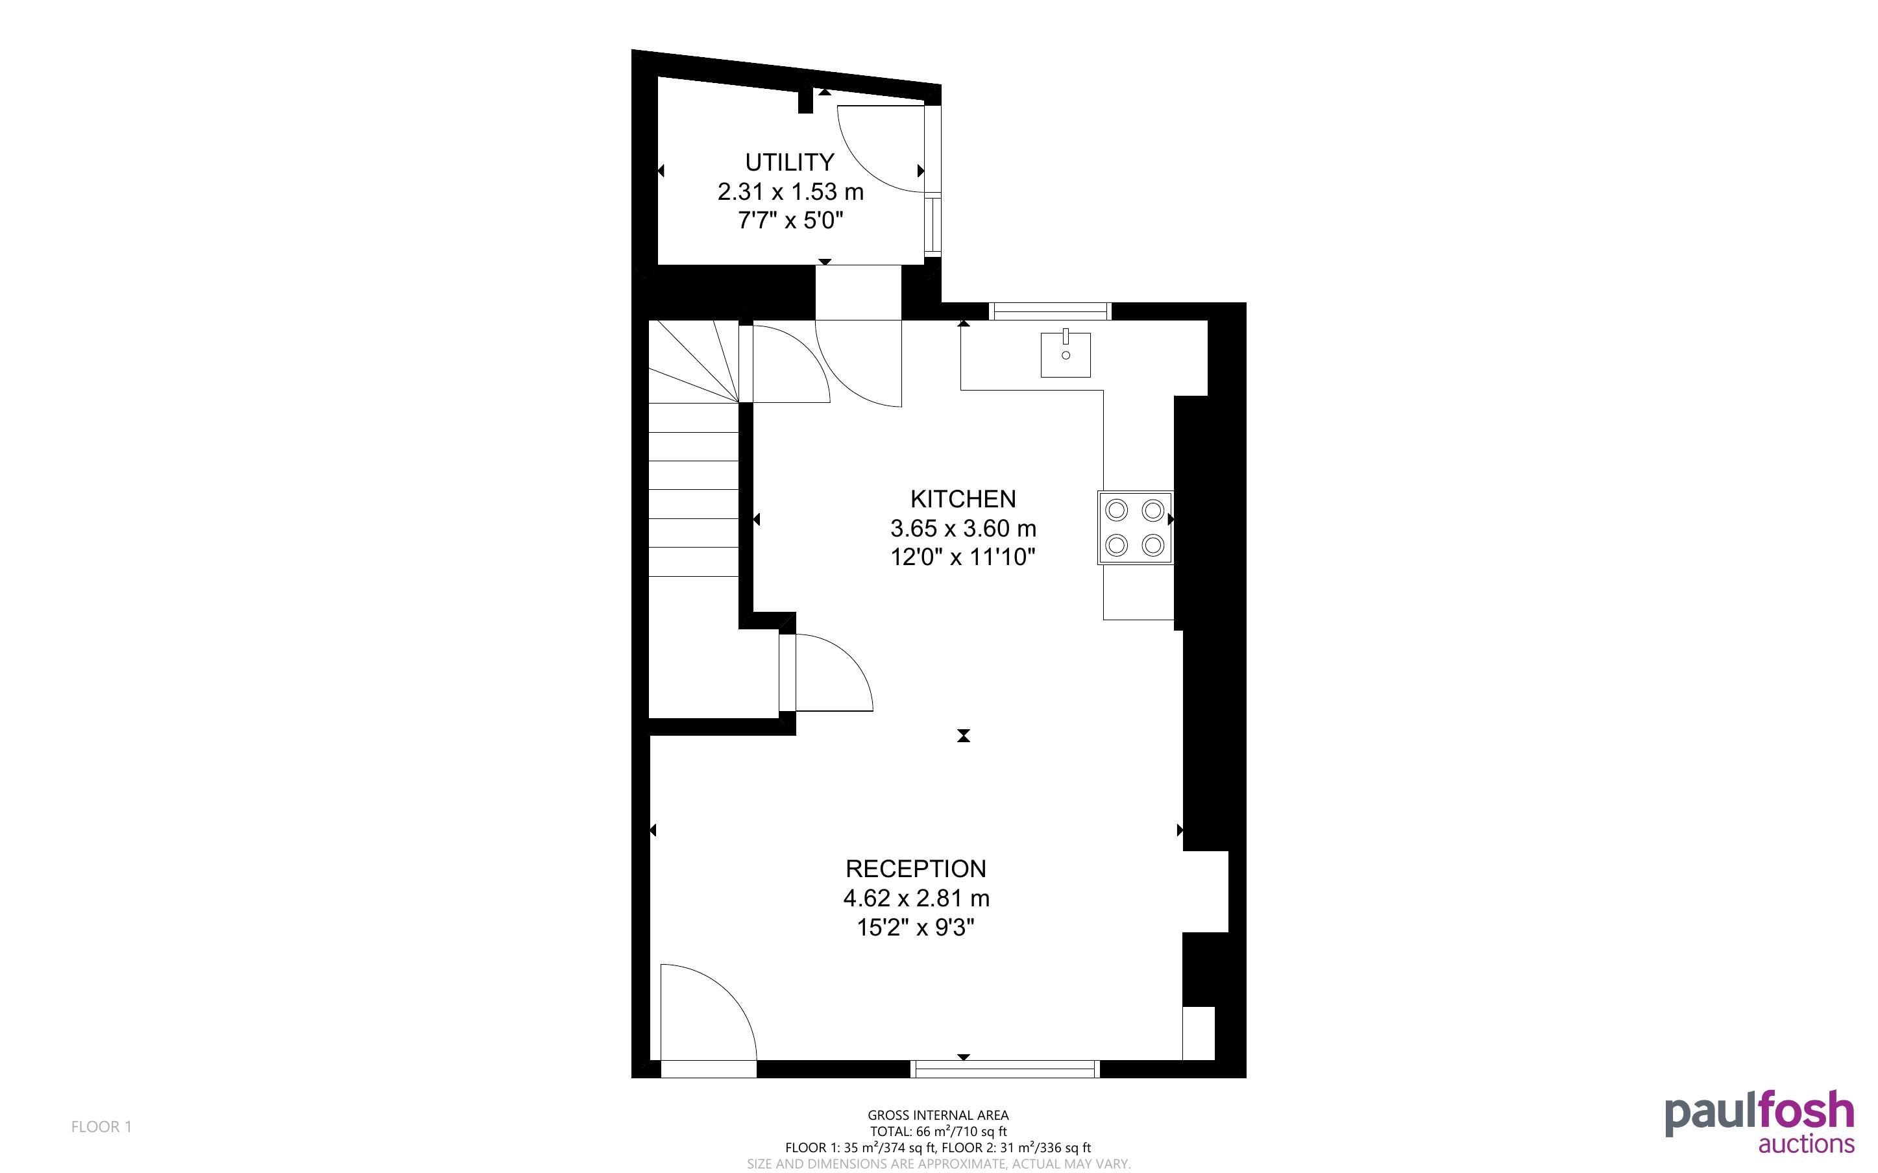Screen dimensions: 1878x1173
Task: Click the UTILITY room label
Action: coord(790,162)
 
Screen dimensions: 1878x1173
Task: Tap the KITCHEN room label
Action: coord(962,499)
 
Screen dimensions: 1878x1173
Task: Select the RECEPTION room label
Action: coord(917,868)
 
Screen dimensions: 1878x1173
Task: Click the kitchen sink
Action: coord(1066,354)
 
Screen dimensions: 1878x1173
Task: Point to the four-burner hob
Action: coord(1135,527)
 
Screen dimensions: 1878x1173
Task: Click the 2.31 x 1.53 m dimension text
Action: coord(790,191)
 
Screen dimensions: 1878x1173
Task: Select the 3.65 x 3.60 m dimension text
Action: coord(962,528)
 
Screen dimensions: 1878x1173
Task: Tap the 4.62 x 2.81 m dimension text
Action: coord(916,899)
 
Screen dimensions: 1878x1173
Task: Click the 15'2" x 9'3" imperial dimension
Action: coord(916,928)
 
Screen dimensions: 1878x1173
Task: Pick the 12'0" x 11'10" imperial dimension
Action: coord(962,558)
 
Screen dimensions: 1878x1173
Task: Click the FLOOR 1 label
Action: coord(102,1126)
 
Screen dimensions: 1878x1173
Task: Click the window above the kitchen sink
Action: coord(1051,311)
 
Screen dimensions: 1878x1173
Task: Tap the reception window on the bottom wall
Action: coord(1005,1069)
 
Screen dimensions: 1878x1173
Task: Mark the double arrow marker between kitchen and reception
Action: coord(964,736)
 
